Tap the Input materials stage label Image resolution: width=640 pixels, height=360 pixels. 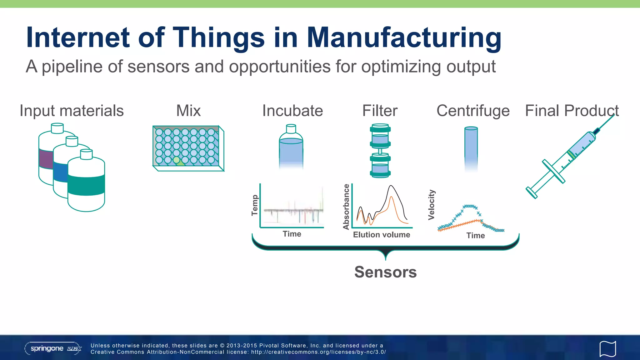click(x=72, y=111)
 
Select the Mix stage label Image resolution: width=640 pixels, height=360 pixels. click(x=188, y=111)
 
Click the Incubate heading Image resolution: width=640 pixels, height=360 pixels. click(x=292, y=111)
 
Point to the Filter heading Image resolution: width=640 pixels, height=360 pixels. click(x=380, y=111)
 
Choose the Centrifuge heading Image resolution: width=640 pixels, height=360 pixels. click(x=473, y=111)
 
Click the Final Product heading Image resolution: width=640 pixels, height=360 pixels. click(x=572, y=111)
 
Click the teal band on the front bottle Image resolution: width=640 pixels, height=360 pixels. click(x=86, y=185)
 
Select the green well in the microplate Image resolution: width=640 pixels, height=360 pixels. click(x=177, y=160)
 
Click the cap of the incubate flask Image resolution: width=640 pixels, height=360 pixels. click(x=291, y=128)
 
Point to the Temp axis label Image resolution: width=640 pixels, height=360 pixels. click(x=255, y=205)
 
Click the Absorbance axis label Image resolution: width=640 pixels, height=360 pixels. click(x=346, y=207)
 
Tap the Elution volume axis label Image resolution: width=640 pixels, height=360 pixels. click(x=381, y=235)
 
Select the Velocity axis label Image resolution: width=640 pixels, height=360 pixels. click(x=431, y=205)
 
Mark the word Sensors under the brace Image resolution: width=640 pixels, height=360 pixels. click(x=385, y=272)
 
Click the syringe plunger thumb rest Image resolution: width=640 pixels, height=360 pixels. click(x=531, y=192)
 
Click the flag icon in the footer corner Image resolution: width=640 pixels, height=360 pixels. click(x=607, y=349)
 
